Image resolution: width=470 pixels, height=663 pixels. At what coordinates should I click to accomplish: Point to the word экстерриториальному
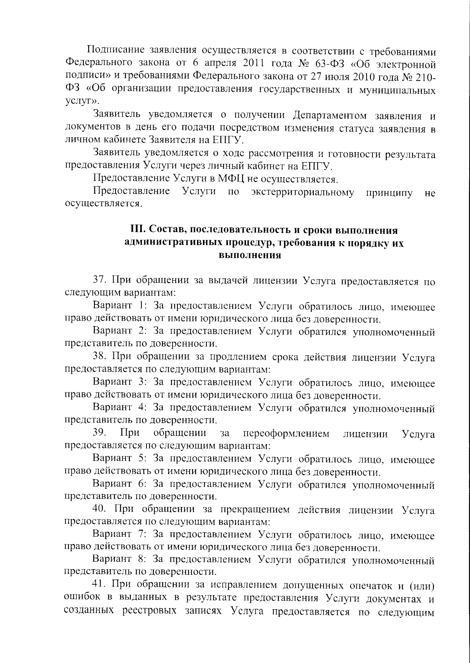[x=303, y=192]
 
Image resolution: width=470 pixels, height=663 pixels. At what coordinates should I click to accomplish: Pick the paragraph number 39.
[x=100, y=434]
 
